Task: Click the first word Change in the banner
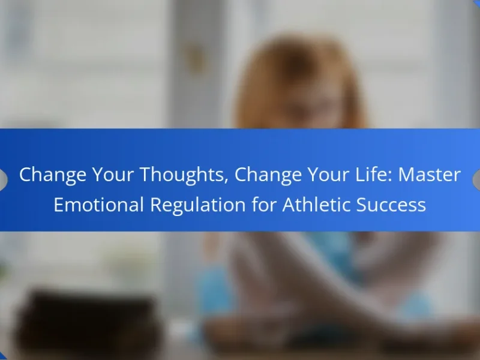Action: (53, 175)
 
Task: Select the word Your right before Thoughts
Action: (113, 175)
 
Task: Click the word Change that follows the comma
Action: (268, 175)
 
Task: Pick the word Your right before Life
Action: (328, 175)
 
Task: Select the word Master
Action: (429, 175)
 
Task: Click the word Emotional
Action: (98, 204)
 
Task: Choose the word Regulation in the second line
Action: (198, 205)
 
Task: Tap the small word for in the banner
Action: (264, 204)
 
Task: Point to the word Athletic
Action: (316, 204)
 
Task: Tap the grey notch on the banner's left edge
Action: (3, 179)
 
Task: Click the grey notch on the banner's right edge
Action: (476, 179)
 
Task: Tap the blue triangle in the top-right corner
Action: (477, 2)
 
